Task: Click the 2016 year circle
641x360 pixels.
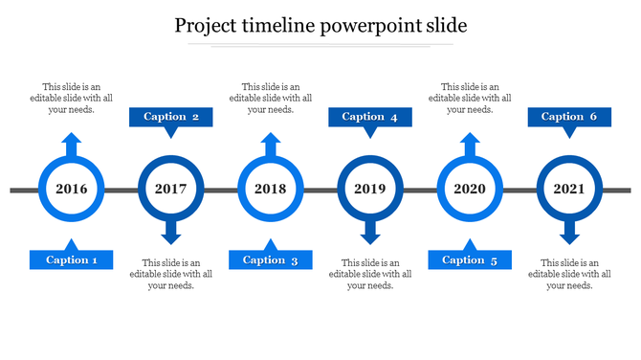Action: [x=72, y=189]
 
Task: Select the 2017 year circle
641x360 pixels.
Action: [x=171, y=189]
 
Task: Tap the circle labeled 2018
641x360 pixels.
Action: [x=271, y=189]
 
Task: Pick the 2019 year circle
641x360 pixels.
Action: [x=370, y=189]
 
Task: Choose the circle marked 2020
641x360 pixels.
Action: [x=470, y=189]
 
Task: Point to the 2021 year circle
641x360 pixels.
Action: [x=569, y=189]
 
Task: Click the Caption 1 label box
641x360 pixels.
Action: [x=72, y=259]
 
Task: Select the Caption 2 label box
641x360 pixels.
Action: [x=171, y=118]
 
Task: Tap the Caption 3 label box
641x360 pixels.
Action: [x=271, y=259]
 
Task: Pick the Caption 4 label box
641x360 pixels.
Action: [x=370, y=118]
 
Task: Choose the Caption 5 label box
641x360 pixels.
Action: [x=470, y=259]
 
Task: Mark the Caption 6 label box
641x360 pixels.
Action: [x=569, y=118]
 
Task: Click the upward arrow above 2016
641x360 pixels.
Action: [x=72, y=144]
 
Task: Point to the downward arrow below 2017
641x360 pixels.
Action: [x=171, y=233]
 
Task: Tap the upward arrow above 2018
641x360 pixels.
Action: [x=271, y=144]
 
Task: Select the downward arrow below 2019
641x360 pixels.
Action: [x=370, y=233]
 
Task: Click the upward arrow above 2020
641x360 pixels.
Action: [x=470, y=144]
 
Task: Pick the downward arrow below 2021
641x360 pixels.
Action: [x=569, y=233]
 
